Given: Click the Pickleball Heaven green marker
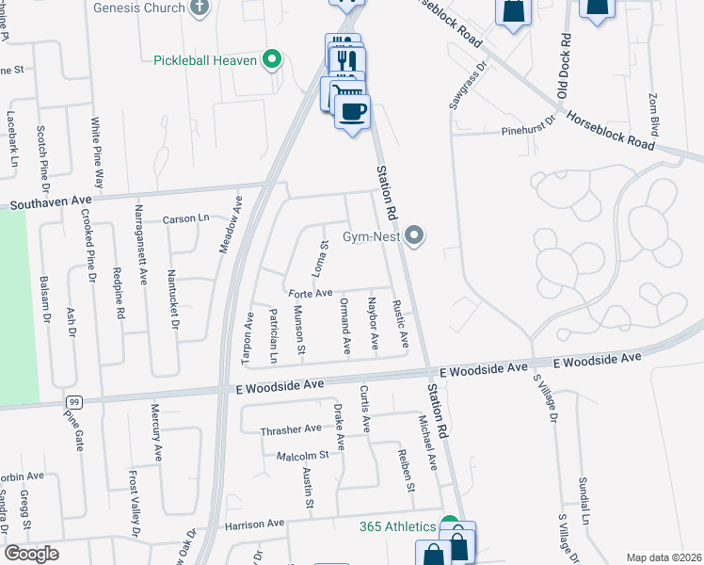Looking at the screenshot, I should tap(273, 60).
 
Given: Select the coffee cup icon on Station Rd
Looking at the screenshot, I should tap(352, 112).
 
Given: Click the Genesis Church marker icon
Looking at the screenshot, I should tap(199, 8).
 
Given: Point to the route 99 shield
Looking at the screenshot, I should tap(72, 402).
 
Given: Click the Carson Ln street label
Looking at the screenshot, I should tap(184, 218).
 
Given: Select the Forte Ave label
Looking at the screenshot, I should tap(311, 293).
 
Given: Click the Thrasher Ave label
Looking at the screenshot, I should tap(291, 429).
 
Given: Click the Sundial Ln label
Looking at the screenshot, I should tap(584, 500).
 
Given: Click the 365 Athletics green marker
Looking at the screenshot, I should tap(450, 525).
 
